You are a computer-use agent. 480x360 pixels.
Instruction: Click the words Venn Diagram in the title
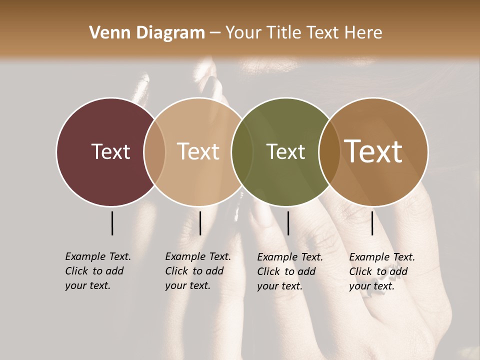pos(147,33)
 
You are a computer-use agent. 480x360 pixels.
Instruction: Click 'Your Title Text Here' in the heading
pos(303,33)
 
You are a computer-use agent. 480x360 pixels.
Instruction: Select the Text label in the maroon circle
pos(110,151)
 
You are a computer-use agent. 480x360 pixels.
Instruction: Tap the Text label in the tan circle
pos(198,151)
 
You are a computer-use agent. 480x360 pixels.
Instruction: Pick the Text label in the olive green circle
pos(285,151)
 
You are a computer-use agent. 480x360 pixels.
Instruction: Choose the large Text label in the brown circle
pos(373,151)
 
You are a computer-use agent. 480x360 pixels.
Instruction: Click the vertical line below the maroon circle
pos(112,223)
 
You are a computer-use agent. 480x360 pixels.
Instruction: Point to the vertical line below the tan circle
pos(200,223)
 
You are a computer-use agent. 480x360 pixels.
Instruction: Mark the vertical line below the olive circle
pos(288,223)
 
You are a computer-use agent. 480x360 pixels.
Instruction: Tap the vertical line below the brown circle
pos(372,223)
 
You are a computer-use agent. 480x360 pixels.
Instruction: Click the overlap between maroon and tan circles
pos(154,151)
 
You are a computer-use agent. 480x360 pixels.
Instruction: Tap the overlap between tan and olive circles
pos(242,151)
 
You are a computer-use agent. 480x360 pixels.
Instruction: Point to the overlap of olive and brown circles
pos(329,151)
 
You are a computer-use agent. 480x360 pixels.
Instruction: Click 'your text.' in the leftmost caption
pos(87,286)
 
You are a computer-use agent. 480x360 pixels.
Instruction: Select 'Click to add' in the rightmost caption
pos(378,271)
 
